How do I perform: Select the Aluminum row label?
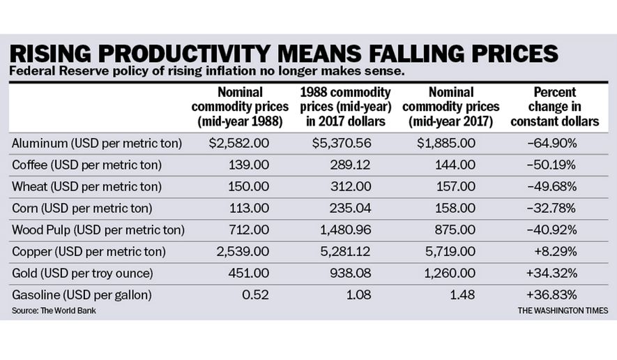[97, 143]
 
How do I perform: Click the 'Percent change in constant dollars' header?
[555, 107]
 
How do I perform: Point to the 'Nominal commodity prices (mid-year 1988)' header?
[238, 107]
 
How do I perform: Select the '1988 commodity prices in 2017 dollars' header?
[345, 107]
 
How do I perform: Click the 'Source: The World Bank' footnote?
[54, 310]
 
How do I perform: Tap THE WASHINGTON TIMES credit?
[562, 310]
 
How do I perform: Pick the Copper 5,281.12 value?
[351, 251]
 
